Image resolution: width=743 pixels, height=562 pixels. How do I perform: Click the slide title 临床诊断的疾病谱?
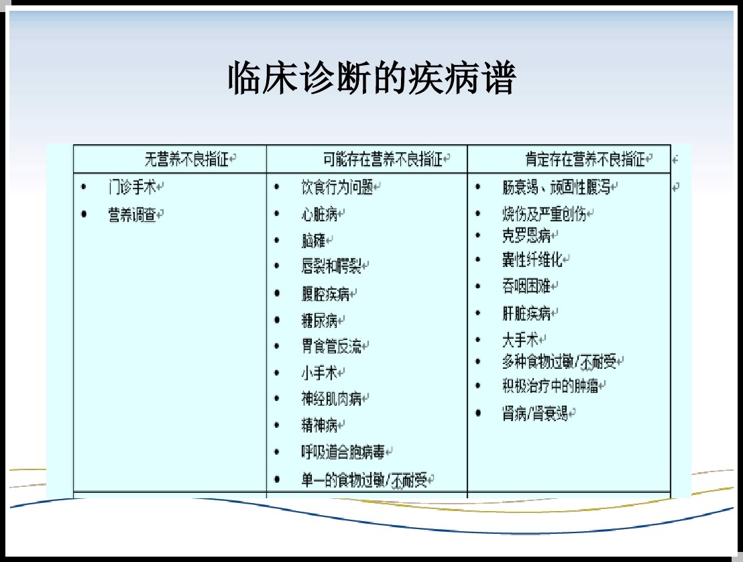point(372,78)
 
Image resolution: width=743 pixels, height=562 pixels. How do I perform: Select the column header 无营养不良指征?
point(186,159)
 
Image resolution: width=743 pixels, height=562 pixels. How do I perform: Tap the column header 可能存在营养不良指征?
point(383,159)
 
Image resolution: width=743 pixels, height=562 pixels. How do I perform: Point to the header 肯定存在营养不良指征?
point(585,159)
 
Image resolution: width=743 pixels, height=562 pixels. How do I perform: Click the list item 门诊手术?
point(132,187)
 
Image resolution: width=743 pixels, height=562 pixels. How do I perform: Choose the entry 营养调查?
point(132,215)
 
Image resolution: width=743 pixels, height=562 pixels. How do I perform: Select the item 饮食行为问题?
point(337,187)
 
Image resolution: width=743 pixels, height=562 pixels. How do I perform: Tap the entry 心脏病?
point(319,214)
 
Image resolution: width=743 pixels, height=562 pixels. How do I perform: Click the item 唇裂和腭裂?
point(331,266)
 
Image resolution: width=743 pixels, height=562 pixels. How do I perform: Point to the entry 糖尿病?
point(319,321)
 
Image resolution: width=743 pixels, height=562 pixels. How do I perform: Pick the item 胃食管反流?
point(331,347)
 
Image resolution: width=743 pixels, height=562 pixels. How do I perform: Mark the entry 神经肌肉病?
point(331,398)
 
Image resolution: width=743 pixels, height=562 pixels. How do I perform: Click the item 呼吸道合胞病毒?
point(343,452)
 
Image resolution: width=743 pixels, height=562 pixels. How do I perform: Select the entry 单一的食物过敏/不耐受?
point(364,480)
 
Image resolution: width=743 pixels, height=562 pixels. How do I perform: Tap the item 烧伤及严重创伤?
point(544,214)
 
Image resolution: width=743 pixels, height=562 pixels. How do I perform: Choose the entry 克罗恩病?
point(526,235)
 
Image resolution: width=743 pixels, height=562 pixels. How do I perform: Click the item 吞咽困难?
point(526,286)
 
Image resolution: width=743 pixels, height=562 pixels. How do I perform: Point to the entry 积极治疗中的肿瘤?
point(550,386)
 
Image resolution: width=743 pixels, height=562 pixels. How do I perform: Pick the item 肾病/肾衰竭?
point(535,414)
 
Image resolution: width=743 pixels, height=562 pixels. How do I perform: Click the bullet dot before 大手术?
point(477,340)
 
